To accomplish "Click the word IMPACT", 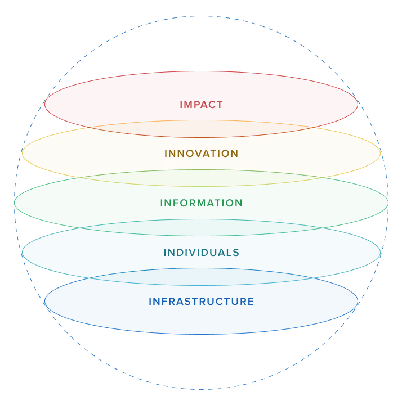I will coord(201,105).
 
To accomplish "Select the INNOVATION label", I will coord(201,154).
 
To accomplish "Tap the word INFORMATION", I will coord(201,203).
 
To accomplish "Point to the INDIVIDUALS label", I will coord(201,253).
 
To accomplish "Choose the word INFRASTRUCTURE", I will coord(201,301).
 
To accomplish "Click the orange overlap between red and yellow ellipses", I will coord(201,129).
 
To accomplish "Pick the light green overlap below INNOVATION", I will coord(201,178).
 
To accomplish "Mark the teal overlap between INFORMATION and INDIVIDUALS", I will coord(201,227).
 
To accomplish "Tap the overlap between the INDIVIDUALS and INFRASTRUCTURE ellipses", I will coord(201,277).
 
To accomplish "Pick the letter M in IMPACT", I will coord(189,105).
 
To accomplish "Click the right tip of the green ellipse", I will coord(388,202).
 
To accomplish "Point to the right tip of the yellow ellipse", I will coord(381,153).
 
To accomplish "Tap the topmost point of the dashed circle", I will coord(201,16).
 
